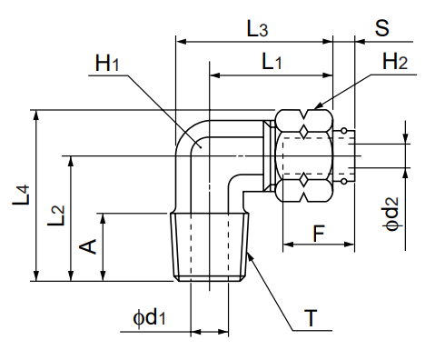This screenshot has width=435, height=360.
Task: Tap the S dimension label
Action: [x=381, y=27]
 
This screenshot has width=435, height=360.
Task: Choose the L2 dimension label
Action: [x=56, y=215]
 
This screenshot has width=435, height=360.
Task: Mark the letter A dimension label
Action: [x=89, y=246]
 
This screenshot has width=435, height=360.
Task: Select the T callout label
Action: [x=311, y=318]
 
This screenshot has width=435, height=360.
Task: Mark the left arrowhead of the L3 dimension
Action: [x=179, y=41]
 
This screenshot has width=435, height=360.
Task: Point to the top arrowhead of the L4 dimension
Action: [x=37, y=114]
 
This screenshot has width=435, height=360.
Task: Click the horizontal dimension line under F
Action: [x=319, y=245]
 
